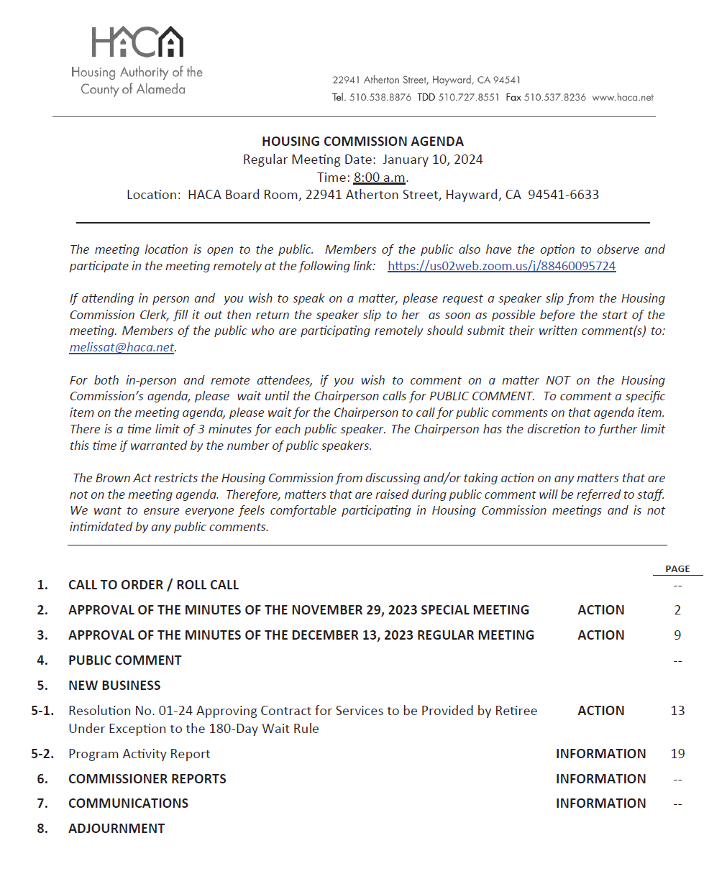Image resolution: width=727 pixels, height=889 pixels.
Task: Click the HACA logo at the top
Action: point(137,43)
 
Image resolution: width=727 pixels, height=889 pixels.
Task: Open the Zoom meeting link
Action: point(501,266)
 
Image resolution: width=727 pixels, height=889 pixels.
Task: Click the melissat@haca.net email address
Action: point(122,347)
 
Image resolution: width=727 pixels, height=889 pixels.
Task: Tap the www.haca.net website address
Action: point(623,97)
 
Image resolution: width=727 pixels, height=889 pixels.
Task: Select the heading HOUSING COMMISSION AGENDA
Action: point(362,142)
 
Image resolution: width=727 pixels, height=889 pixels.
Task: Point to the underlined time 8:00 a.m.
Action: point(380,178)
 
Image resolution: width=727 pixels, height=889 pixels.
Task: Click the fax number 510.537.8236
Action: point(554,97)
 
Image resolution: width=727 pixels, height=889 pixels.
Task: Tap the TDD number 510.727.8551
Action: point(469,97)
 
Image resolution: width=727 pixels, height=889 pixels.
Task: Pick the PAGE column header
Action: point(677,568)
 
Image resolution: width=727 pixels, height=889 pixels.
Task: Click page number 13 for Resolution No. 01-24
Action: point(677,711)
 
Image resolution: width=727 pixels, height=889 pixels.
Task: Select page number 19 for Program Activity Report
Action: point(677,754)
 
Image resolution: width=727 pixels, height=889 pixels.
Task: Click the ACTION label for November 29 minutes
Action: point(601,610)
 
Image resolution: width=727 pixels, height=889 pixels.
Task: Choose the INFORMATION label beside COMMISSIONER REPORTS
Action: point(600,779)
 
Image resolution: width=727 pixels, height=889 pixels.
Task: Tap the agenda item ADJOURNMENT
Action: point(116,829)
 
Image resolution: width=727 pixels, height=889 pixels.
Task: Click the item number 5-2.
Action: point(42,754)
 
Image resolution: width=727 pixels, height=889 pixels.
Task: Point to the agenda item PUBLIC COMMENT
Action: point(125,660)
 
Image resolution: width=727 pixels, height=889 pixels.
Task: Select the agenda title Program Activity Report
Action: point(140,754)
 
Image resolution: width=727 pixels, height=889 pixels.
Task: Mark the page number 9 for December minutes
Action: point(677,635)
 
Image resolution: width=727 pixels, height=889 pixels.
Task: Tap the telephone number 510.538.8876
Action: point(380,97)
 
